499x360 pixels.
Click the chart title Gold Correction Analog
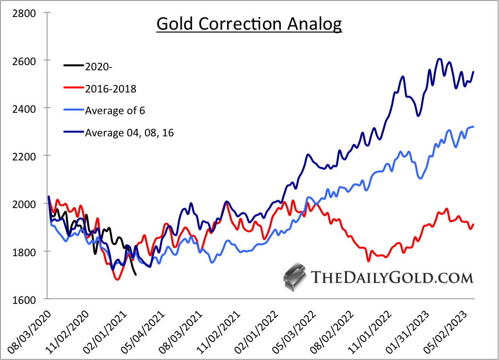[x=249, y=24]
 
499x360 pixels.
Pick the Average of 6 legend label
[x=115, y=111]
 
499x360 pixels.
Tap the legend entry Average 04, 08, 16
[x=129, y=133]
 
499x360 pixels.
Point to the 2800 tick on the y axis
[x=27, y=13]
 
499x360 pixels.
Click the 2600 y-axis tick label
[x=27, y=61]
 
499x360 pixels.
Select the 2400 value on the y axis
[x=27, y=109]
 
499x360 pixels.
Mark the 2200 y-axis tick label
[x=27, y=156]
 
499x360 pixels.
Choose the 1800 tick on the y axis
[x=27, y=251]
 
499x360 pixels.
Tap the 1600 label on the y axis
[x=27, y=299]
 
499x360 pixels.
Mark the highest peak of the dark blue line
[x=440, y=59]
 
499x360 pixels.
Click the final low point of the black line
[x=136, y=275]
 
